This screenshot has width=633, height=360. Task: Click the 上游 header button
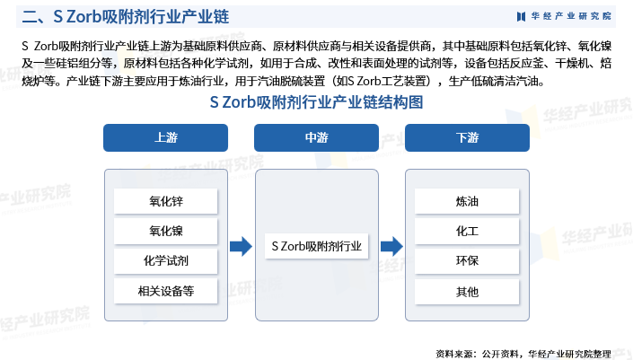click(x=165, y=137)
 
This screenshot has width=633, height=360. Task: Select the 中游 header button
click(x=316, y=137)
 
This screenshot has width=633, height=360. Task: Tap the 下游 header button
click(x=467, y=137)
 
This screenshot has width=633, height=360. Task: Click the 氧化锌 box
click(x=165, y=201)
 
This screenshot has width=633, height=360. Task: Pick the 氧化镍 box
click(x=165, y=231)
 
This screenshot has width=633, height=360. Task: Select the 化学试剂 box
click(x=165, y=260)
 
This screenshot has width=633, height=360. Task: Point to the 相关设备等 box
click(x=165, y=291)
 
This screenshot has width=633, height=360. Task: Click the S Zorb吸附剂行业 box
click(x=316, y=246)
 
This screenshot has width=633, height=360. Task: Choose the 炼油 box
click(x=467, y=201)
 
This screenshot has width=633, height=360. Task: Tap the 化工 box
click(x=467, y=231)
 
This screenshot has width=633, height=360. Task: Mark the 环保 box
click(x=467, y=260)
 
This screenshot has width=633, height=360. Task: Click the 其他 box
click(x=467, y=292)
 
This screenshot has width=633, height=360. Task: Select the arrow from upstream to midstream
click(x=241, y=246)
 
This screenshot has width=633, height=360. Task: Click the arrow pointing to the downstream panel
click(x=392, y=246)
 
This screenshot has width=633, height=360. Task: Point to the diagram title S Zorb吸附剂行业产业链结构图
click(x=316, y=102)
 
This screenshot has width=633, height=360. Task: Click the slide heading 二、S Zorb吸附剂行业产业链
click(x=126, y=17)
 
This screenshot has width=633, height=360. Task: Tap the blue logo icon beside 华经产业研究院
click(x=521, y=16)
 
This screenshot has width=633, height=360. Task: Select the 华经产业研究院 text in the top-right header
click(x=571, y=16)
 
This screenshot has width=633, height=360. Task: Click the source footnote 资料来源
click(x=523, y=354)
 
